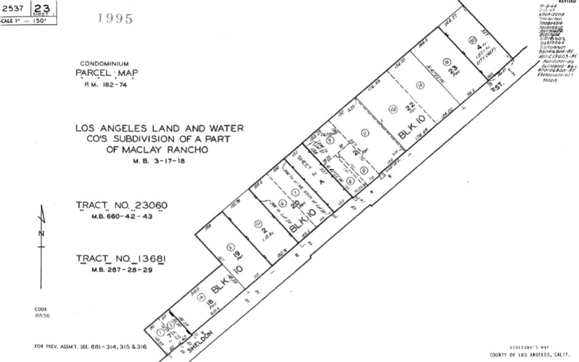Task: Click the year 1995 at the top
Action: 115,18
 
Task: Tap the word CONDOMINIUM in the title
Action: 104,63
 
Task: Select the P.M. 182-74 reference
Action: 104,85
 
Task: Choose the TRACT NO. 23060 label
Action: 121,205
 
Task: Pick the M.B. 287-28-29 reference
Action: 121,270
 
